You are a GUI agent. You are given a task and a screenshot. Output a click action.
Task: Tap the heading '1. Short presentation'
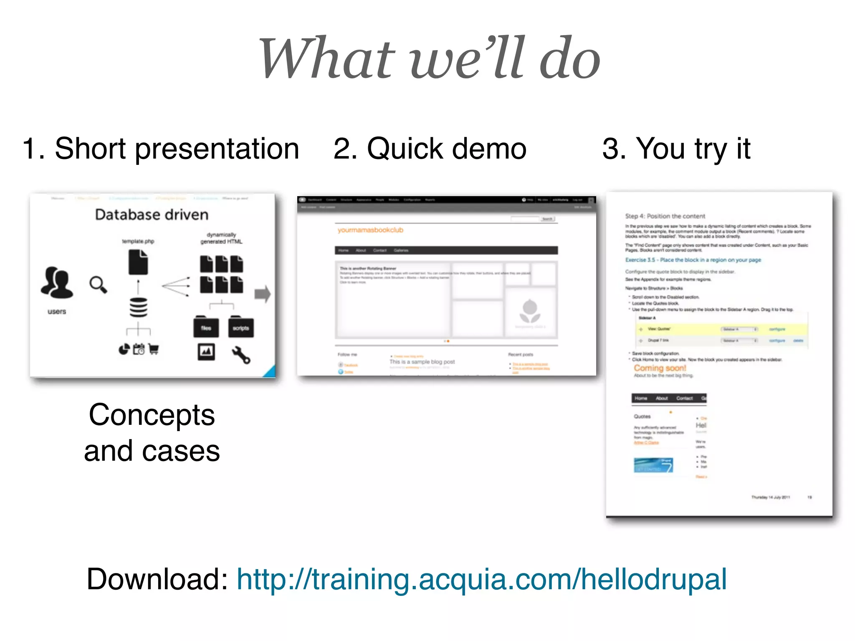click(161, 149)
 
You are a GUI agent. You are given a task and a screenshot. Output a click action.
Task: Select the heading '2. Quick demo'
click(430, 149)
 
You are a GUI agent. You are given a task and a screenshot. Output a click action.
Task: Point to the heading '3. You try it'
click(676, 149)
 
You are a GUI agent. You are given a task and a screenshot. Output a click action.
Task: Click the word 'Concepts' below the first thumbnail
click(152, 415)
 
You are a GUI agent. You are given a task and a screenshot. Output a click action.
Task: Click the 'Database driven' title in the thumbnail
click(152, 215)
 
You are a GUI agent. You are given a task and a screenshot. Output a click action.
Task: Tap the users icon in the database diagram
click(57, 283)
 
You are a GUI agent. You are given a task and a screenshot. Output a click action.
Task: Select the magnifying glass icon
click(98, 285)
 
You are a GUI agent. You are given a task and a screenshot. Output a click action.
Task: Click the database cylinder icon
click(138, 308)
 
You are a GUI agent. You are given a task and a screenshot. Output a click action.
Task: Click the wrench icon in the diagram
click(241, 355)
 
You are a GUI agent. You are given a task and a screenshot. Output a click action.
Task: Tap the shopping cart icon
click(153, 349)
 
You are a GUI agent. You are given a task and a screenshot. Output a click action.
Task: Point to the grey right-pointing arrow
click(263, 294)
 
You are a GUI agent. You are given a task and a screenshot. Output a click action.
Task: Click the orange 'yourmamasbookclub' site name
click(370, 230)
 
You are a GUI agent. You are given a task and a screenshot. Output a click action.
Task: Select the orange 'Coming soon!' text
click(660, 368)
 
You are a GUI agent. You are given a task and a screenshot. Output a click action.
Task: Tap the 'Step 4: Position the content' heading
click(665, 216)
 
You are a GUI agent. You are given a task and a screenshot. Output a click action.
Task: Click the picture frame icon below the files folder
click(206, 352)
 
